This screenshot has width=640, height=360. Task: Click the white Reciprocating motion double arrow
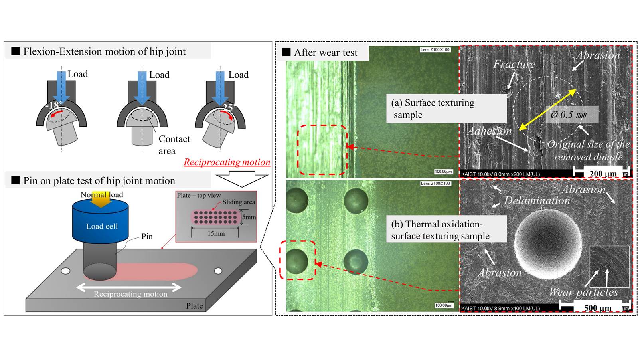coord(129,287)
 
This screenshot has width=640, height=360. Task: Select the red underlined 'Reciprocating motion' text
coord(227,162)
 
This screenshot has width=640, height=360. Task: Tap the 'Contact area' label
coord(174,144)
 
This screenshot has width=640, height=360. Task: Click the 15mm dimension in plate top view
coord(216,233)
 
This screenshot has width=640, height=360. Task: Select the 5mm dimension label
coord(249,217)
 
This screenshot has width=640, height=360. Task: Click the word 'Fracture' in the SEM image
coord(514,64)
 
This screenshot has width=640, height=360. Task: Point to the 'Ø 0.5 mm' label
coord(568,115)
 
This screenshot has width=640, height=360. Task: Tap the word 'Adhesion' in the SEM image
coord(489,131)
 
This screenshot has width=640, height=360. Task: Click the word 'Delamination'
coord(537,200)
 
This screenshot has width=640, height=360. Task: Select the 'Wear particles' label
coord(583,292)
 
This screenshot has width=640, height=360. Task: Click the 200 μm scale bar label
coord(603,174)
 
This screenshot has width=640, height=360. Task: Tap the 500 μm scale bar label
coord(597,308)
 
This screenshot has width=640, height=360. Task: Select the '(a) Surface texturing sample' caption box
coord(446,109)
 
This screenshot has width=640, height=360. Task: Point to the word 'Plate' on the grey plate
coord(194,306)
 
